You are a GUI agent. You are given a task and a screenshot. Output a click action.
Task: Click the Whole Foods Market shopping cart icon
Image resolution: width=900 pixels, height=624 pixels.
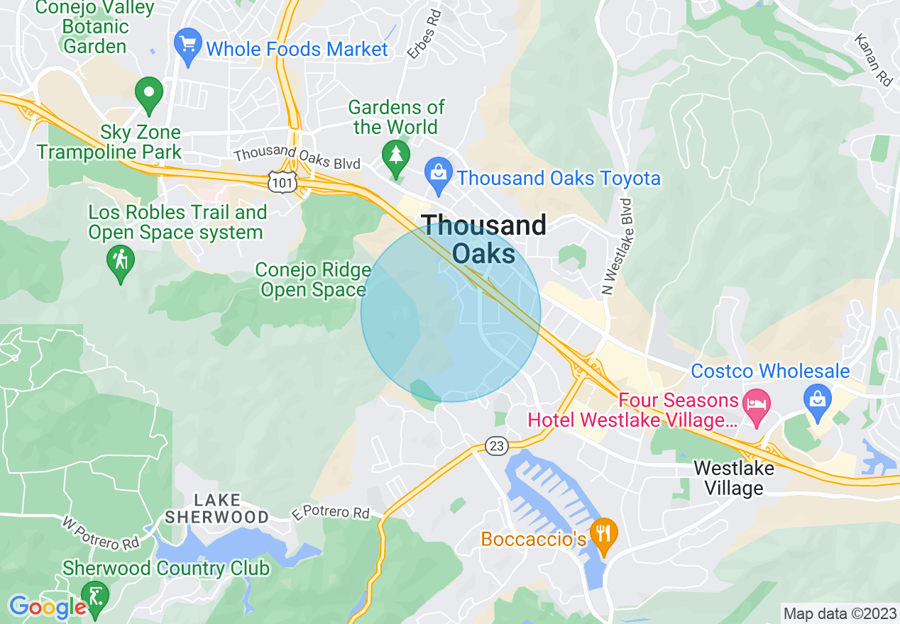click(x=188, y=47)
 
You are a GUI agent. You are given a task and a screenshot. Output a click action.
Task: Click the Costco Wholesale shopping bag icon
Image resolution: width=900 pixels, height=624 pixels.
click(x=818, y=399)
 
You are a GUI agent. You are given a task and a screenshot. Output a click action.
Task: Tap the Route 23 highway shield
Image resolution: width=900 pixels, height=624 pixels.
click(x=497, y=445)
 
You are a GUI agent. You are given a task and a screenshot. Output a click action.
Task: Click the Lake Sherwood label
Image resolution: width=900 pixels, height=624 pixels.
click(x=216, y=509)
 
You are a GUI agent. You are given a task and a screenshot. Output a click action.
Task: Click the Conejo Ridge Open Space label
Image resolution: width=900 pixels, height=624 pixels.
click(x=313, y=280)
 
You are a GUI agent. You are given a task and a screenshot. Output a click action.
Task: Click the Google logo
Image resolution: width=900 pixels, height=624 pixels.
click(x=47, y=607)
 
